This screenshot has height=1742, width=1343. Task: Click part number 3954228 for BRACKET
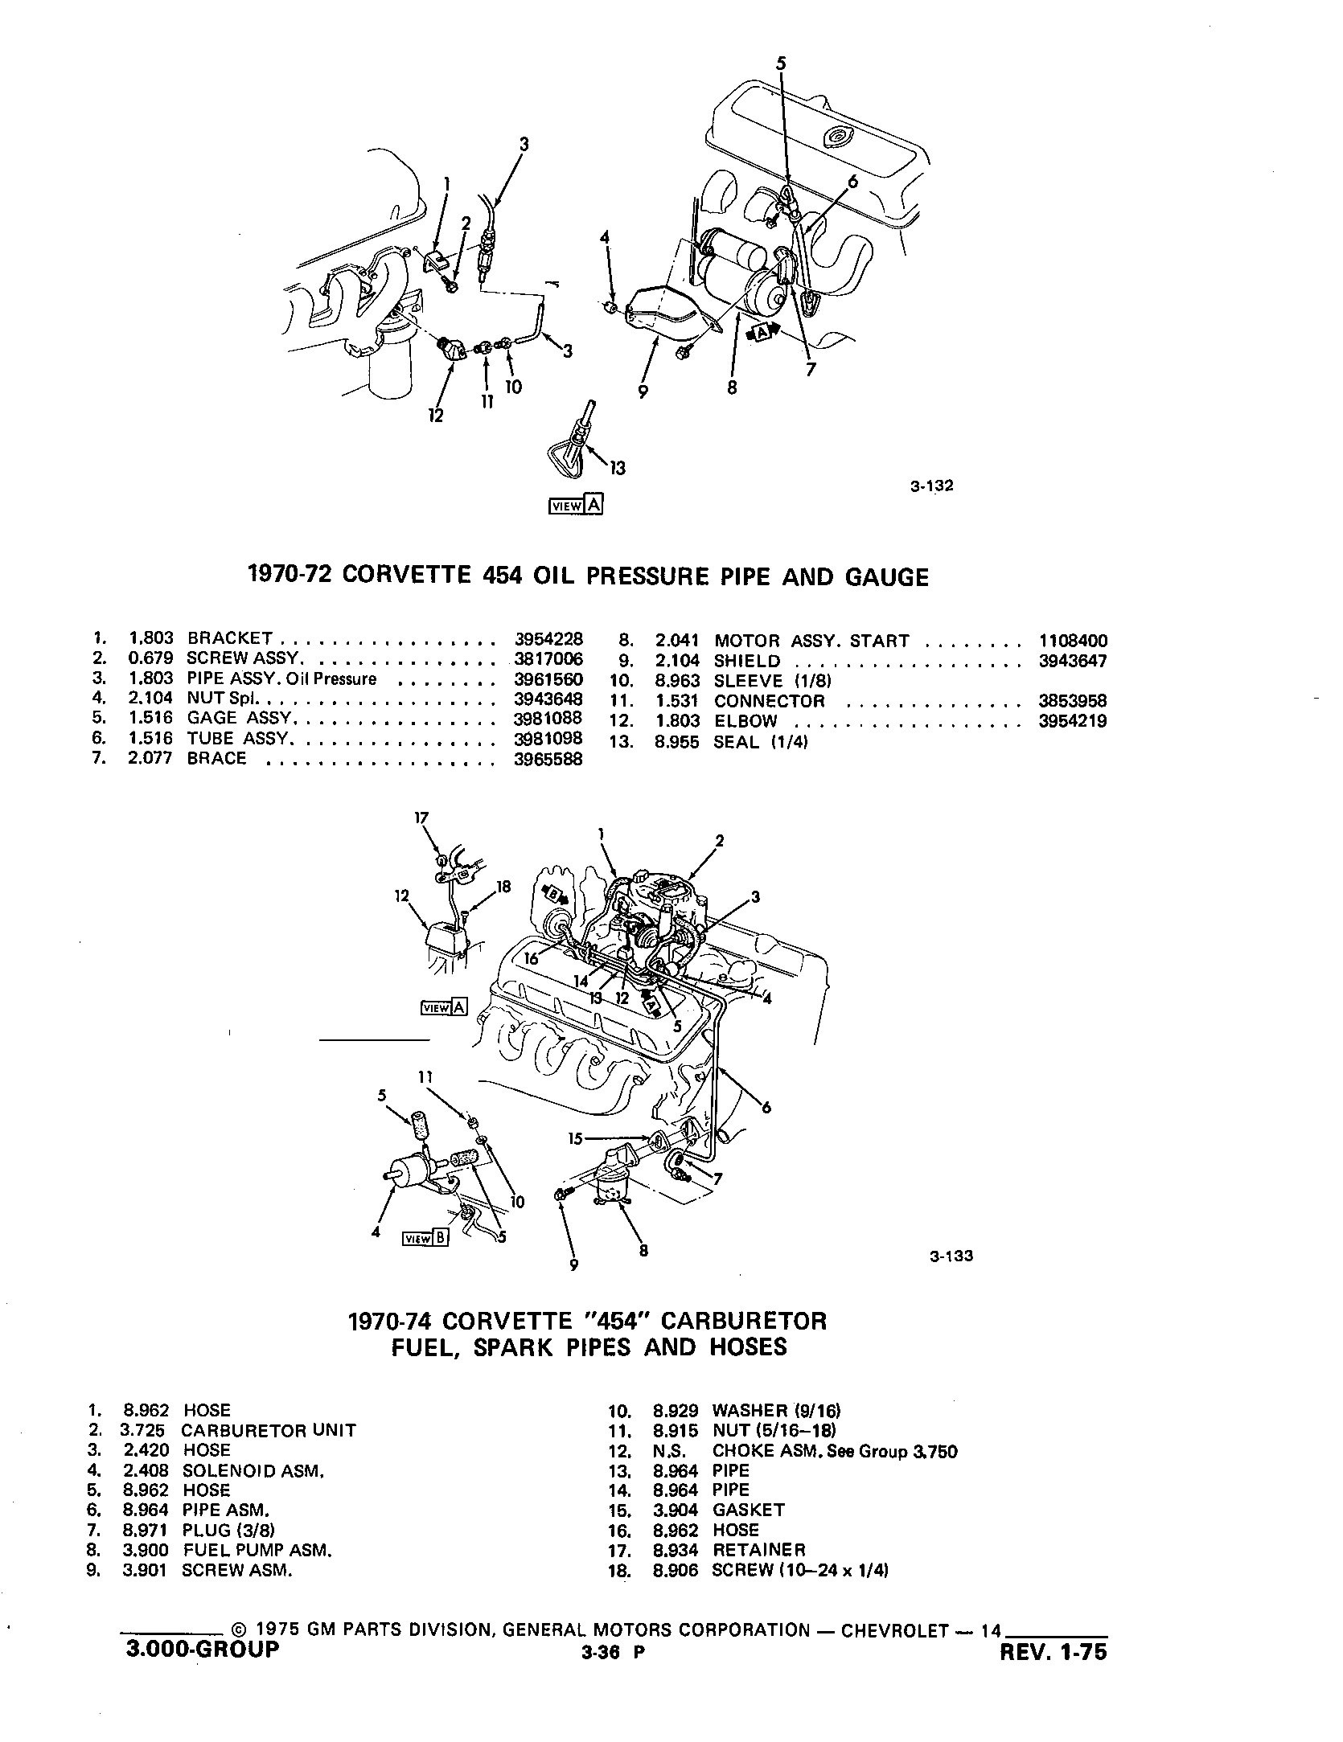coord(548,639)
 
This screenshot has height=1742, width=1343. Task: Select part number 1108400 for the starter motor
coord(1072,641)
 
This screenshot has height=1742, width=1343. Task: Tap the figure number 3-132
coord(931,486)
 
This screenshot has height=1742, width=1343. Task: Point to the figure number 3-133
coord(951,1279)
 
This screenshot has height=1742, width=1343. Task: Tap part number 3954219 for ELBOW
coord(1072,721)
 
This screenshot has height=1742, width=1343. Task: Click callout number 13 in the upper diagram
coord(618,467)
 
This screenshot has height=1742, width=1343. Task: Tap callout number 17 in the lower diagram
coord(422,818)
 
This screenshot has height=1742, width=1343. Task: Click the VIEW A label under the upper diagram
coord(574,505)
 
